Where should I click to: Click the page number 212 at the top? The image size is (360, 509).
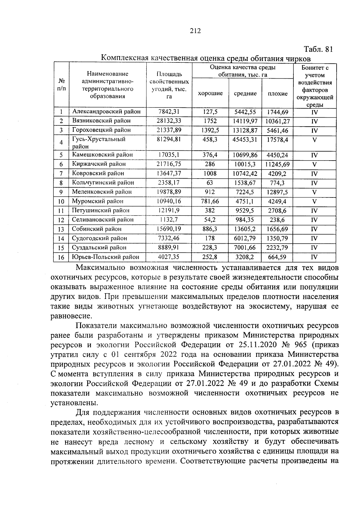pyautogui.click(x=195, y=31)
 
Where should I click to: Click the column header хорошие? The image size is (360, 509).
pyautogui.click(x=210, y=93)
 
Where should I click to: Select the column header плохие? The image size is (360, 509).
pyautogui.click(x=277, y=94)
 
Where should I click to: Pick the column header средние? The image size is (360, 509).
pyautogui.click(x=245, y=94)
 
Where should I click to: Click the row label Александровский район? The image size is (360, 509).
pyautogui.click(x=106, y=112)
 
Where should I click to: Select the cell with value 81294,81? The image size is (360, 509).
pyautogui.click(x=169, y=139)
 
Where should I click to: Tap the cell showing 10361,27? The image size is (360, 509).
pyautogui.click(x=277, y=121)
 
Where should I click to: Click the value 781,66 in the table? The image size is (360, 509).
pyautogui.click(x=210, y=201)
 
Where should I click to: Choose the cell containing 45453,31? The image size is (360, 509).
pyautogui.click(x=245, y=139)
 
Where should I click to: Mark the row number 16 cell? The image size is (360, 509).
pyautogui.click(x=61, y=257)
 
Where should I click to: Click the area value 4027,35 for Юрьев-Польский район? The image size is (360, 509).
pyautogui.click(x=169, y=257)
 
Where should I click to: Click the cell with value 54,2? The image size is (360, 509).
pyautogui.click(x=210, y=220)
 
